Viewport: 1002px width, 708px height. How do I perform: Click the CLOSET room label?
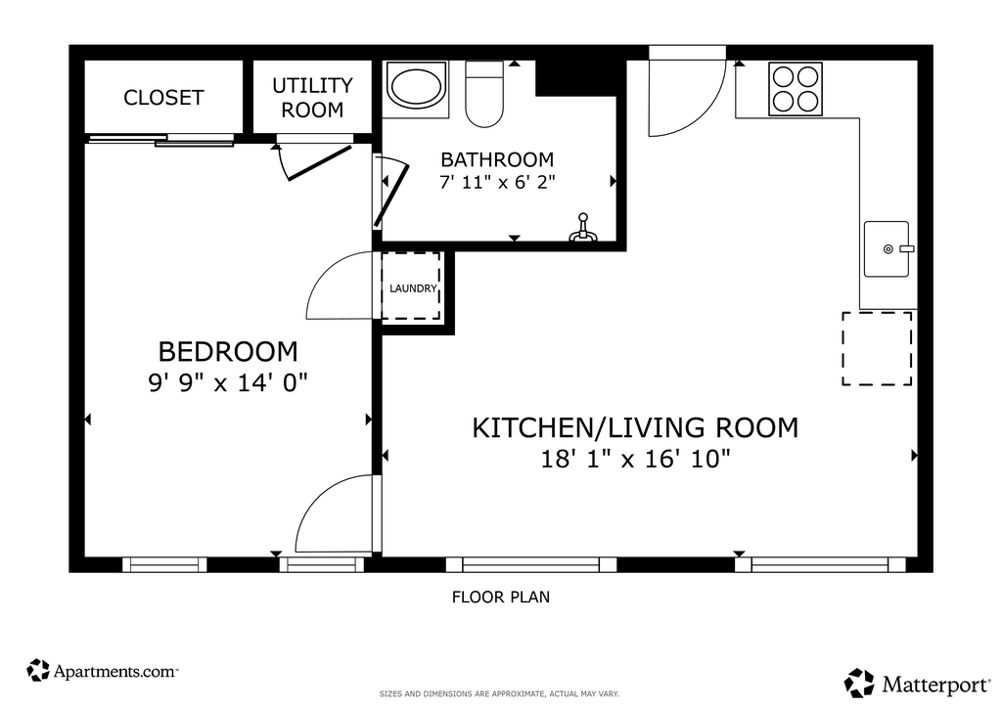coord(163,98)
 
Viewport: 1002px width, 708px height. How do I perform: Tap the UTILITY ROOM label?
coord(312,98)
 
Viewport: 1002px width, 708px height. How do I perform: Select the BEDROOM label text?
coord(228,352)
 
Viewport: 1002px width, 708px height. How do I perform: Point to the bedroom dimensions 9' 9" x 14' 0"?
coord(228,383)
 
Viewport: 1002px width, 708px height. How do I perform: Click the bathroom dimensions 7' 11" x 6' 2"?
coord(497,183)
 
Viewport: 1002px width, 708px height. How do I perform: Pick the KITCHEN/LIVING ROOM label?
coord(635,427)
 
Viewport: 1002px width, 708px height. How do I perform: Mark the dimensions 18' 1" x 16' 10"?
coord(635,459)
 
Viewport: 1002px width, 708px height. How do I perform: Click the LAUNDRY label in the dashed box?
coord(414,288)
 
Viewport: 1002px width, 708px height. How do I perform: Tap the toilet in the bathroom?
coord(484,95)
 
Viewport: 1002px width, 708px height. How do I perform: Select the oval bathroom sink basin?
coord(415,87)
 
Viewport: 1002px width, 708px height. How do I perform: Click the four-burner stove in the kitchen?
coord(796,89)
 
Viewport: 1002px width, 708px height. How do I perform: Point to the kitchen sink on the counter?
coord(887,249)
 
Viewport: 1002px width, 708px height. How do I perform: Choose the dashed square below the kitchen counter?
coord(877,348)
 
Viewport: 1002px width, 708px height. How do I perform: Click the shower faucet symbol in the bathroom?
coord(582,229)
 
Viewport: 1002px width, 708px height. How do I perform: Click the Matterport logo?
coord(917,684)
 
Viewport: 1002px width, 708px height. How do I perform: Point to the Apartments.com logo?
coord(102,671)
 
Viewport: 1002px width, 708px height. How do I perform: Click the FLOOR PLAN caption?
coord(501,597)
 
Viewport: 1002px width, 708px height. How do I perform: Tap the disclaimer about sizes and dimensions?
coord(499,694)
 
